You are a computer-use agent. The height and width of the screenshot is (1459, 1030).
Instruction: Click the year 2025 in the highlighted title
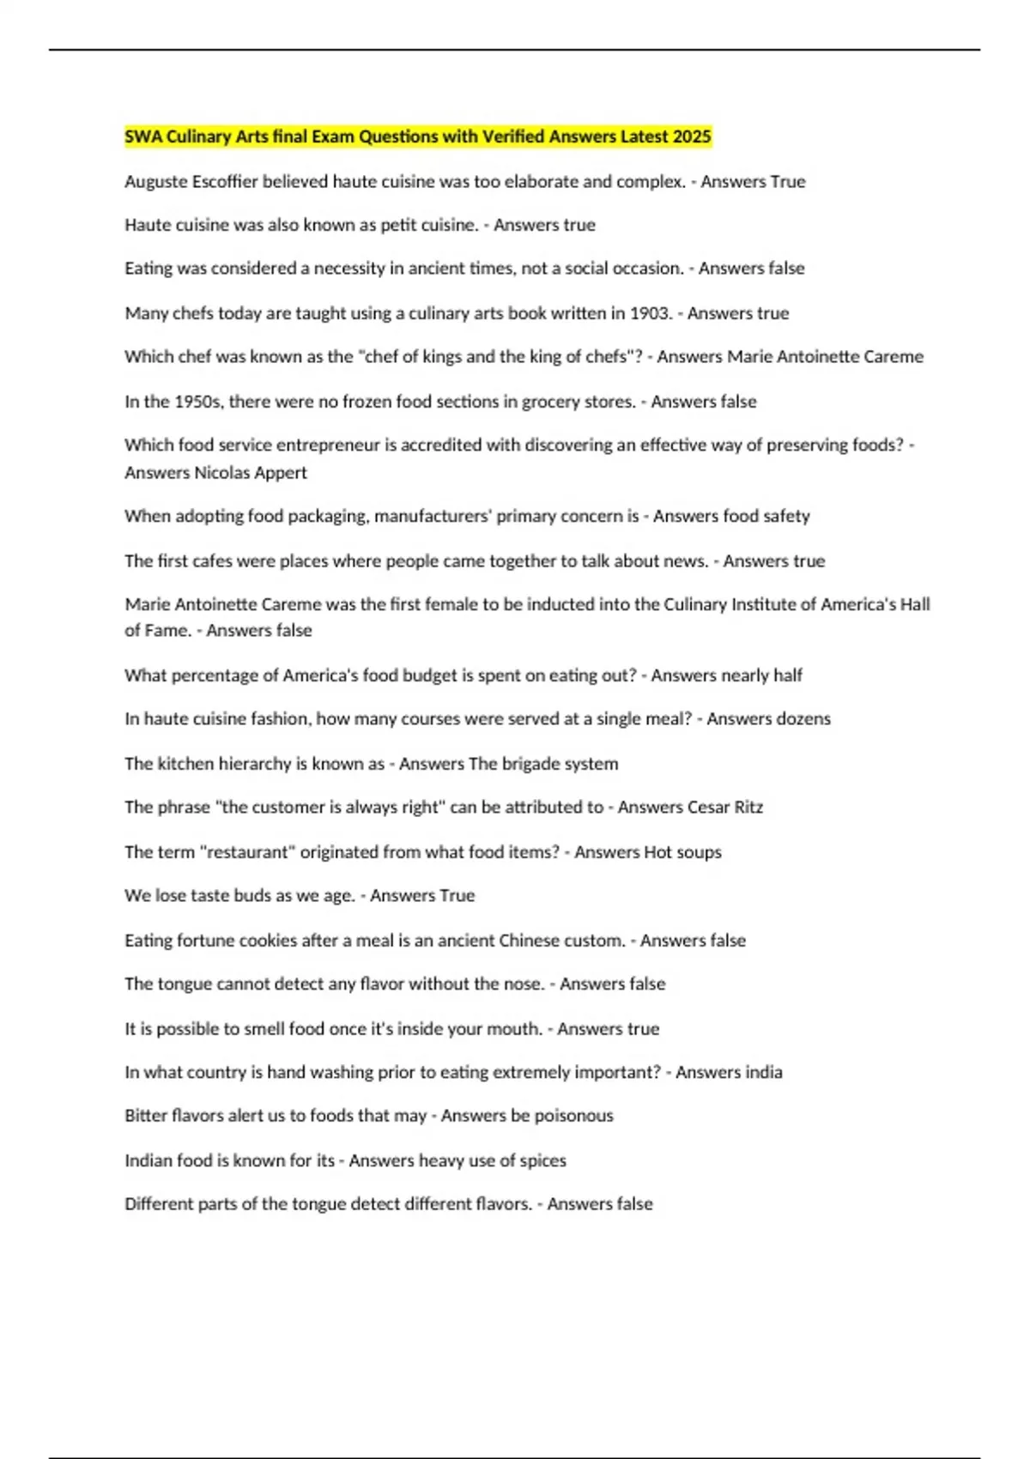pyautogui.click(x=692, y=136)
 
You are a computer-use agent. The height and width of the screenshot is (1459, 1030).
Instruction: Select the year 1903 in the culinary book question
pyautogui.click(x=650, y=313)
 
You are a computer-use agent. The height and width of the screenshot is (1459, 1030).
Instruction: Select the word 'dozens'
pyautogui.click(x=803, y=719)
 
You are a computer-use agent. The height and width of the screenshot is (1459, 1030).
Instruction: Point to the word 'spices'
pyautogui.click(x=542, y=1160)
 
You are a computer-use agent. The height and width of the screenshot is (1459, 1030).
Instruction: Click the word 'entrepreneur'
pyautogui.click(x=314, y=445)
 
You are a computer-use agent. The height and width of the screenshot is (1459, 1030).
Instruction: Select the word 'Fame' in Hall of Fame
pyautogui.click(x=167, y=631)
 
